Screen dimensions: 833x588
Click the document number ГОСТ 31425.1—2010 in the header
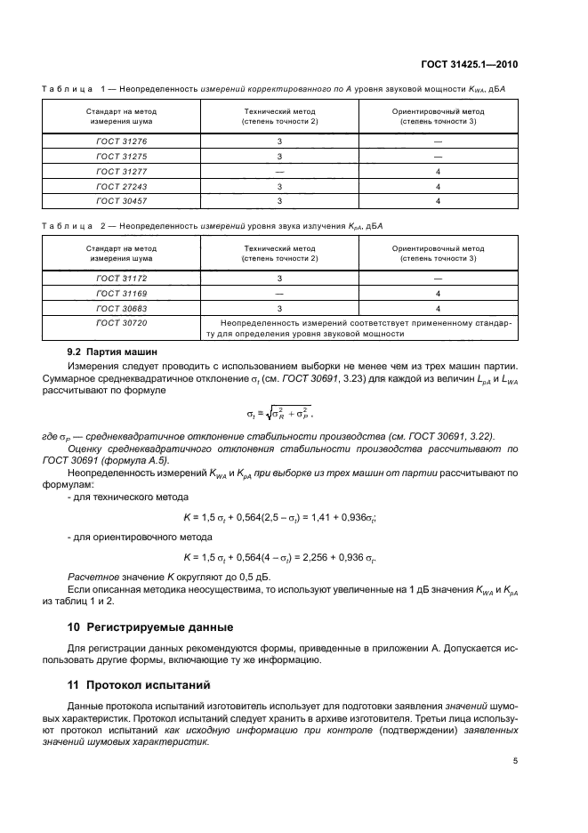point(470,63)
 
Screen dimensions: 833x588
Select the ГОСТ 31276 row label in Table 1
point(122,141)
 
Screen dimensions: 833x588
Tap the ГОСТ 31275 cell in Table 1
point(122,156)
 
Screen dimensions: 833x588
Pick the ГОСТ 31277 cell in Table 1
point(122,171)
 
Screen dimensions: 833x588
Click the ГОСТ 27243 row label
point(122,186)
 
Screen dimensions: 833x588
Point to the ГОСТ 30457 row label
point(122,201)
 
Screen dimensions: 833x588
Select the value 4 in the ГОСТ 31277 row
point(439,171)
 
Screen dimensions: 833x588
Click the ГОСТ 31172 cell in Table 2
point(122,278)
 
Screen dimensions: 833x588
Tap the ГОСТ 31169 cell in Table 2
point(122,293)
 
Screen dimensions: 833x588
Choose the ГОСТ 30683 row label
point(122,308)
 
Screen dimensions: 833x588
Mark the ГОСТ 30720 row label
point(122,323)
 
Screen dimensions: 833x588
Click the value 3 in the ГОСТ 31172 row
point(279,278)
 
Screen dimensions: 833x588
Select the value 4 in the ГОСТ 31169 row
point(439,293)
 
